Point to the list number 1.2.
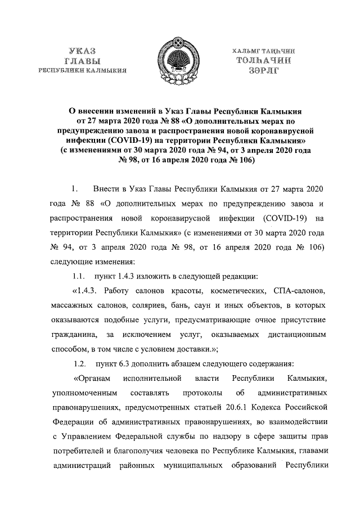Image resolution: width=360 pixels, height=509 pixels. tap(82, 362)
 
